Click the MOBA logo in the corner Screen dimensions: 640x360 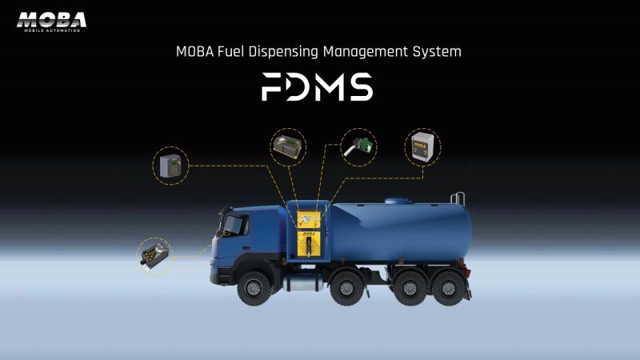click(51, 22)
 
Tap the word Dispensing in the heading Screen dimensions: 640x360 click(284, 52)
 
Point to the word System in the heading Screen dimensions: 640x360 click(437, 52)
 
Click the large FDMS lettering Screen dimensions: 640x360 click(317, 86)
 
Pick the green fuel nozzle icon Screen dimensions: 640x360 click(358, 147)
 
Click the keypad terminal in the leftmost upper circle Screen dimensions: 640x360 click(170, 166)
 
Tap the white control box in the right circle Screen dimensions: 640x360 click(422, 147)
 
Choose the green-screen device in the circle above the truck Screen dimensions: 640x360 click(289, 146)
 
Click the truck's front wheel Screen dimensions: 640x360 click(254, 288)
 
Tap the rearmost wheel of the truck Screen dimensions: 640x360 click(448, 288)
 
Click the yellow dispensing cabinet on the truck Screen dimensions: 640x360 click(308, 234)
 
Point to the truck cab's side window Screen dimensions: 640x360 click(236, 225)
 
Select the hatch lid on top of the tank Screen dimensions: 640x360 click(396, 201)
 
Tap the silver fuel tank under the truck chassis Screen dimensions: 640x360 click(304, 282)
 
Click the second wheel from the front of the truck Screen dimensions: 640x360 click(346, 288)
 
